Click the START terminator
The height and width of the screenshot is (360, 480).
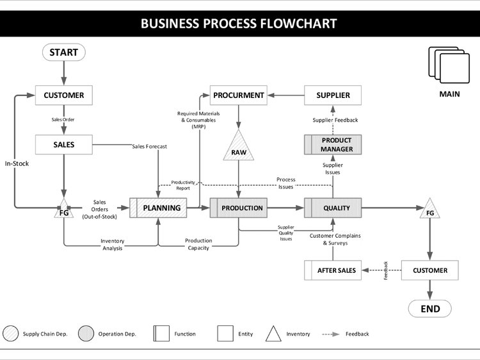click(63, 53)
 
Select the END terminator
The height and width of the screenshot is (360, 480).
click(430, 309)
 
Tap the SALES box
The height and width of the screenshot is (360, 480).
click(63, 145)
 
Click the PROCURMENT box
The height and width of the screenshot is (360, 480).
click(239, 95)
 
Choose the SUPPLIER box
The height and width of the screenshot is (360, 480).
click(333, 95)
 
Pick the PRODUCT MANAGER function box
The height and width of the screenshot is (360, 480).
click(333, 145)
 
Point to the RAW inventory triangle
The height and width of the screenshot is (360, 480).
click(239, 149)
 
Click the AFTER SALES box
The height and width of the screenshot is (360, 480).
click(333, 270)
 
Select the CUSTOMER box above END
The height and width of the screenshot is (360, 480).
click(430, 270)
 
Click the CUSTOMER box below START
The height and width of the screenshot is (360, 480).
click(63, 95)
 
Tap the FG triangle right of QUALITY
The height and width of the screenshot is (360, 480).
click(430, 210)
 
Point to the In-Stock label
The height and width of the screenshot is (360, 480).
click(17, 163)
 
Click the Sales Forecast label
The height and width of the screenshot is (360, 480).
click(149, 147)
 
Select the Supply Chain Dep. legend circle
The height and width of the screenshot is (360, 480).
click(11, 334)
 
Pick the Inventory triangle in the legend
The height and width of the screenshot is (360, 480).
click(274, 334)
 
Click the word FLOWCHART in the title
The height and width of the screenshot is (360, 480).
click(298, 24)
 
